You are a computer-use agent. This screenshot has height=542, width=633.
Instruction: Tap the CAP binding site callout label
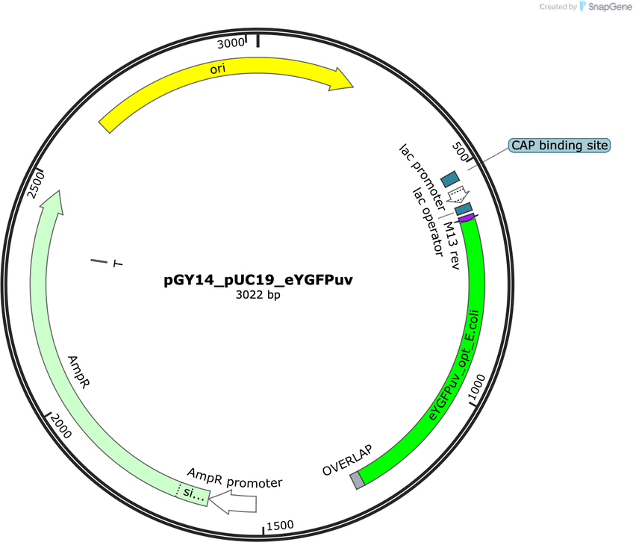(x=559, y=146)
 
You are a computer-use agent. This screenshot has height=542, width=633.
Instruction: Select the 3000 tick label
(x=231, y=43)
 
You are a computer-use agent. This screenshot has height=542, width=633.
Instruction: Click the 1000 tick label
(x=477, y=387)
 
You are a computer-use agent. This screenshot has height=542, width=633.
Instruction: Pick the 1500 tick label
(x=280, y=526)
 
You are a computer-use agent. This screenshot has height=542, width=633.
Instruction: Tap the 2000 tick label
(x=61, y=426)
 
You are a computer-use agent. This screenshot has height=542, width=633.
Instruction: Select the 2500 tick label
(x=36, y=185)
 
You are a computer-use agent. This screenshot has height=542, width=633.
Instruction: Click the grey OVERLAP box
(x=358, y=481)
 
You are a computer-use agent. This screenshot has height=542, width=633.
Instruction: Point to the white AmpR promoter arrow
(x=233, y=502)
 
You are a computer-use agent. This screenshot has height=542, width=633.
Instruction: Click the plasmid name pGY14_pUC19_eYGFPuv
(x=258, y=279)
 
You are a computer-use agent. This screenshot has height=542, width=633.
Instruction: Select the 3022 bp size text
(x=258, y=295)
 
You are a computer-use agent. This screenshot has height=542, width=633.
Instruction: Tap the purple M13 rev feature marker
(x=467, y=218)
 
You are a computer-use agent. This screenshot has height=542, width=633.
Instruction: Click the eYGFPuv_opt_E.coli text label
(x=454, y=365)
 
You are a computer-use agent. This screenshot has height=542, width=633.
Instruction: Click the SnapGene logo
(x=605, y=7)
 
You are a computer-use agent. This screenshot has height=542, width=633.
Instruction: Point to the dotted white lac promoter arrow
(x=458, y=195)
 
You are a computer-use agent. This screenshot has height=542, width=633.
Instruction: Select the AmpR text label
(x=78, y=372)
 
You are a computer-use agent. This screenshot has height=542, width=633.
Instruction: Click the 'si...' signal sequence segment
(x=193, y=493)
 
